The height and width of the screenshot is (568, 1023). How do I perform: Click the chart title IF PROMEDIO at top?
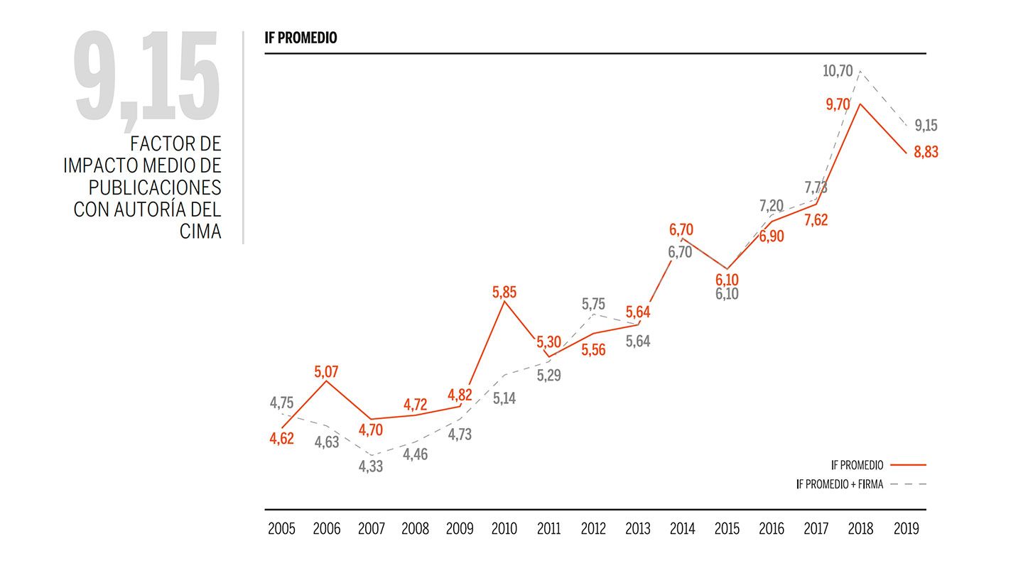click(x=301, y=38)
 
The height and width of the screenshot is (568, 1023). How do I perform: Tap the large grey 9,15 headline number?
click(x=147, y=77)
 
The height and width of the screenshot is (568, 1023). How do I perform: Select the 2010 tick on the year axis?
click(x=504, y=529)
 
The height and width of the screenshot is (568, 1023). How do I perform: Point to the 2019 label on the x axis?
click(x=905, y=529)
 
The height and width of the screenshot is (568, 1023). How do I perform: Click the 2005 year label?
click(x=281, y=529)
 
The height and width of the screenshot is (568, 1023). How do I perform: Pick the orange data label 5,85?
click(x=504, y=292)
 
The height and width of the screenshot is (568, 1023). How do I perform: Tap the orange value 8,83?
click(x=926, y=152)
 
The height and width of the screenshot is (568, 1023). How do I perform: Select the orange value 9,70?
click(x=838, y=104)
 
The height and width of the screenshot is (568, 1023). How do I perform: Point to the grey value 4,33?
click(x=371, y=467)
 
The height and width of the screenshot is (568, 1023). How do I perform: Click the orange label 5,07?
click(x=326, y=371)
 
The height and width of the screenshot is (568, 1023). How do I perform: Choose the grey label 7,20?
click(x=772, y=207)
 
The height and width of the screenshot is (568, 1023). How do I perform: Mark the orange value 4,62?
click(x=281, y=438)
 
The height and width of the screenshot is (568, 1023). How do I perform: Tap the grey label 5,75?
click(x=594, y=304)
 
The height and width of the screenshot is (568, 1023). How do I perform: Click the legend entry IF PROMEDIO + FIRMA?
click(x=839, y=485)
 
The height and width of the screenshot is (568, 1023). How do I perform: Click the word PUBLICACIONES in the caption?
click(x=155, y=187)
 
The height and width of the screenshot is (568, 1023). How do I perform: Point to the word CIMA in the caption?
click(x=200, y=231)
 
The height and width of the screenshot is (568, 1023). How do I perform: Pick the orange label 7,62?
click(x=816, y=220)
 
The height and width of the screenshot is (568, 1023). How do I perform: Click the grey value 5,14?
click(x=504, y=398)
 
